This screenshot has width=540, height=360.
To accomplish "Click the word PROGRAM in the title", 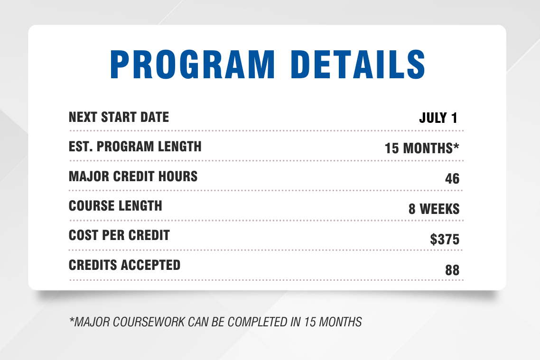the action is pyautogui.click(x=193, y=65).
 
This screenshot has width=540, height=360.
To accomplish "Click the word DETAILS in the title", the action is pyautogui.click(x=358, y=65).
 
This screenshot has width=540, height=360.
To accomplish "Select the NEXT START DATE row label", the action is pyautogui.click(x=119, y=117).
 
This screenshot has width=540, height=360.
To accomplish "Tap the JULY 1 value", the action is pyautogui.click(x=438, y=118).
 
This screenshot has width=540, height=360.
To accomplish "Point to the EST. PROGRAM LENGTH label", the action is pyautogui.click(x=135, y=147).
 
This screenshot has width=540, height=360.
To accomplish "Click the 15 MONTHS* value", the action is pyautogui.click(x=422, y=148).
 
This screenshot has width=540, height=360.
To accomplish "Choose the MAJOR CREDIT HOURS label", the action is pyautogui.click(x=133, y=176).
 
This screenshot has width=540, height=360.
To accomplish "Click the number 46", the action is pyautogui.click(x=452, y=179).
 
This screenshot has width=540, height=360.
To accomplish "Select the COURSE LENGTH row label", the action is pyautogui.click(x=115, y=206).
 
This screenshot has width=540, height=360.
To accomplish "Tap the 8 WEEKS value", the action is pyautogui.click(x=434, y=209).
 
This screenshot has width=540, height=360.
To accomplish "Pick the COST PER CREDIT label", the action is pyautogui.click(x=119, y=235).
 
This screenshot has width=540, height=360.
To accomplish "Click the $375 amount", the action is pyautogui.click(x=445, y=239).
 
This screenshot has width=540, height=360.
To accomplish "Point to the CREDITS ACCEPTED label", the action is pyautogui.click(x=124, y=265).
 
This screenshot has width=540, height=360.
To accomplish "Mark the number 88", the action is pyautogui.click(x=452, y=270).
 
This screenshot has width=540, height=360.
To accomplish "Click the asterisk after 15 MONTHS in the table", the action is pyautogui.click(x=456, y=146).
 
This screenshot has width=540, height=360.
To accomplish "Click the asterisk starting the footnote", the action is pyautogui.click(x=72, y=320).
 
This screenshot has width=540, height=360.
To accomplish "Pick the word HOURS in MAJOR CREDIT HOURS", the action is pyautogui.click(x=177, y=176).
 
